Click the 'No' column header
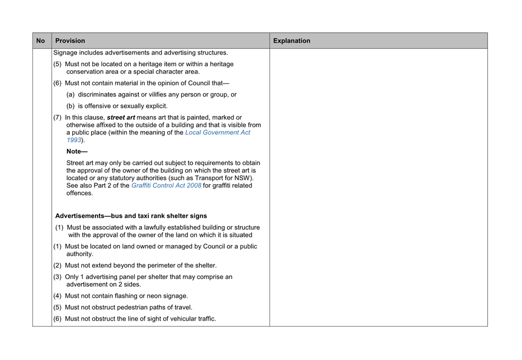click(x=40, y=40)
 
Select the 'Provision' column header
click(x=70, y=40)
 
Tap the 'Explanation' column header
click(x=291, y=40)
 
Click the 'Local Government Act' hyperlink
click(x=218, y=133)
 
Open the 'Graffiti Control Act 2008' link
click(x=166, y=186)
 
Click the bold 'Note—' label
click(x=77, y=151)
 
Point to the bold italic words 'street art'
click(x=121, y=118)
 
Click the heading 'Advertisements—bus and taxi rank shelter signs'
click(x=131, y=216)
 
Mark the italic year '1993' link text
click(x=74, y=140)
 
